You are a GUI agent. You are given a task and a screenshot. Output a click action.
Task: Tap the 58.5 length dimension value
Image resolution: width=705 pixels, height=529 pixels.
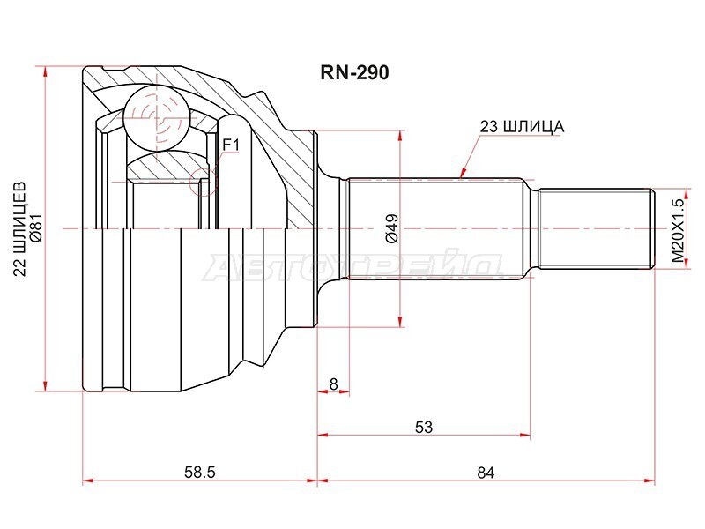click(200, 473)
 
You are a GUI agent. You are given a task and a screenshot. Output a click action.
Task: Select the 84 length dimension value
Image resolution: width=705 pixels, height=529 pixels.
click(486, 473)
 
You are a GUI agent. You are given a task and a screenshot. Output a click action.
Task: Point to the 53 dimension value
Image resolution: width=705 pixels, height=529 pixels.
click(424, 427)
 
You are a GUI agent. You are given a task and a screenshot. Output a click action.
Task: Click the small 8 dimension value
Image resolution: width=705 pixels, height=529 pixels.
click(333, 384)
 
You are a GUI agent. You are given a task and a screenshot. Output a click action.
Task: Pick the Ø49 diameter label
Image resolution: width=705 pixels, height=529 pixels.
click(391, 228)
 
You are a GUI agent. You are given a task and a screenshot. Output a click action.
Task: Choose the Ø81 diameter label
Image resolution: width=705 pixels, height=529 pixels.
click(36, 228)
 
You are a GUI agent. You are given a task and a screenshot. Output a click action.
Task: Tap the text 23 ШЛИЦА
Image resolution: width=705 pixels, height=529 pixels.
click(522, 127)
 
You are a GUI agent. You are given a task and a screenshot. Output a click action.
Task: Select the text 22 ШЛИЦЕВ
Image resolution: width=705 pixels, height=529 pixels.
click(19, 228)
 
